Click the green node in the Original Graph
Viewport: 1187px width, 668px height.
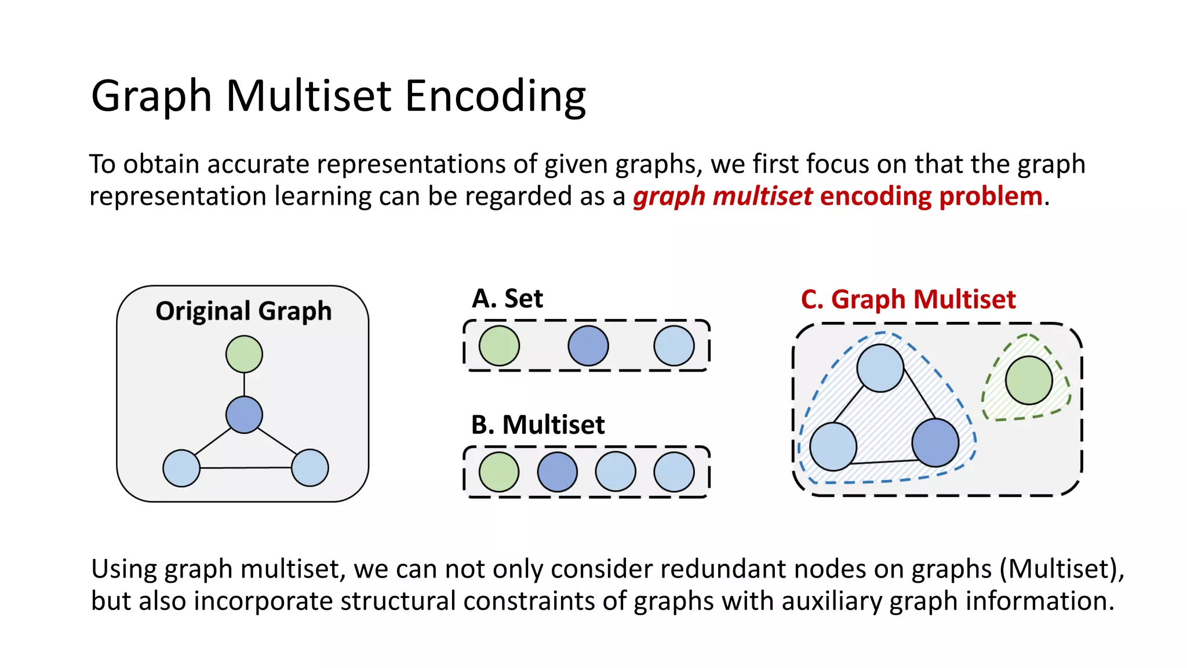point(244,354)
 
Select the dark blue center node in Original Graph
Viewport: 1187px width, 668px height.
point(244,415)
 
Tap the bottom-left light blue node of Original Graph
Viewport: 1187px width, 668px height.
point(181,468)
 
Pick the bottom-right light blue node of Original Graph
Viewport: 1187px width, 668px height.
point(310,468)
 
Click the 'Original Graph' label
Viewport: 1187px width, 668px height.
point(243,311)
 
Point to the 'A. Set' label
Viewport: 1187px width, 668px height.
point(507,299)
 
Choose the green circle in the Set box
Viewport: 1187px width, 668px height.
point(499,346)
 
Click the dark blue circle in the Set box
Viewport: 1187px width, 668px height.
point(588,346)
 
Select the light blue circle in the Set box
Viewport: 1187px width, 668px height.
point(674,346)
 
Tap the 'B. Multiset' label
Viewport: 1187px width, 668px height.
point(538,425)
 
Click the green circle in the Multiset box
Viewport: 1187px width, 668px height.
point(499,472)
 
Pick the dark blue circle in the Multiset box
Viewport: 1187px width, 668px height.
point(558,472)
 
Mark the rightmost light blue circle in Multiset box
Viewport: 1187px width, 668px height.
point(674,472)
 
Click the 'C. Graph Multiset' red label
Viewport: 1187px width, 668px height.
point(908,300)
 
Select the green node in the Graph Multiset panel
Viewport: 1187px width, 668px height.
point(1029,380)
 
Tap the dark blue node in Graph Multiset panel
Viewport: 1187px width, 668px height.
point(935,442)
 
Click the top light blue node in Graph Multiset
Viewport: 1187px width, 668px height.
point(880,368)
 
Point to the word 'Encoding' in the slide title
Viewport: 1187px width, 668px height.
point(496,96)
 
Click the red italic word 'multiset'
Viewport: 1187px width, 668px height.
point(763,197)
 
